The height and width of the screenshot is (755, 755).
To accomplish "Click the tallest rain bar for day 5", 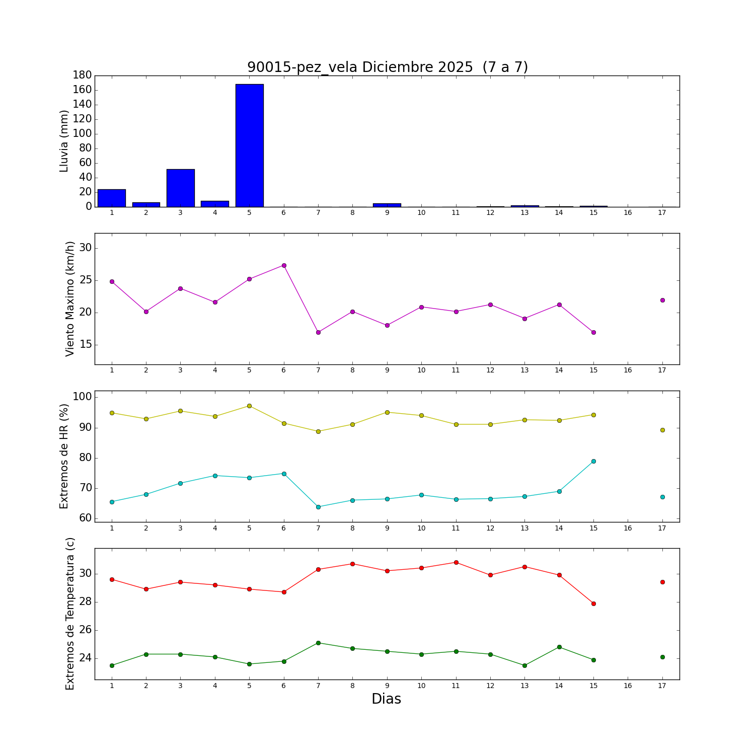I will (249, 145).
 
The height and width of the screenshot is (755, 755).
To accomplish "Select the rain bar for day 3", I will (180, 188).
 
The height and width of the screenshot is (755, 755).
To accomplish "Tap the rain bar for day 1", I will (112, 198).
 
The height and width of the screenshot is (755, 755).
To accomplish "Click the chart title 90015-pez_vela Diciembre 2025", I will (387, 67).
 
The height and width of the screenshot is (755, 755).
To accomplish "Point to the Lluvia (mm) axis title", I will (64, 141).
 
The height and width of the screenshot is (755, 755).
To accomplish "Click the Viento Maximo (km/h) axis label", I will (70, 298).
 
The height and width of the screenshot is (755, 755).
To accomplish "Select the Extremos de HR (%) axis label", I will (64, 456).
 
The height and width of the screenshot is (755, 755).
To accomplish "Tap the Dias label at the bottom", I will (386, 699).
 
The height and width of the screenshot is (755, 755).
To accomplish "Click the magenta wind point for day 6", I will (284, 265).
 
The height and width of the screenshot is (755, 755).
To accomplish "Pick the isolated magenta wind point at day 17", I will (662, 300).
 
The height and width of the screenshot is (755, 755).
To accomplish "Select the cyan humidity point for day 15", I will (593, 461).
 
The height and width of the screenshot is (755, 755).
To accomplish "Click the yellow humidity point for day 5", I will (249, 406).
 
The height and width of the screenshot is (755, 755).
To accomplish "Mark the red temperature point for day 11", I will (456, 562).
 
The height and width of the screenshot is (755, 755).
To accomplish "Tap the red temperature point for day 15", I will (593, 603).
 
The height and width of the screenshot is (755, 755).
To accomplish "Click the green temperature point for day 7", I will (318, 643).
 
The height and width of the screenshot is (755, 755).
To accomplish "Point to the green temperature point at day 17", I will (662, 657).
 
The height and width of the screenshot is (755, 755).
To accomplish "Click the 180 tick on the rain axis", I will (82, 75).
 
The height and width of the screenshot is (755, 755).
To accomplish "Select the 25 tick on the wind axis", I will (85, 280).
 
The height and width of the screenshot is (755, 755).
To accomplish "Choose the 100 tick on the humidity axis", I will (82, 397).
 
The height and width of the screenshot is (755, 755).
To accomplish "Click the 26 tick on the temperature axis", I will (85, 630).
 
